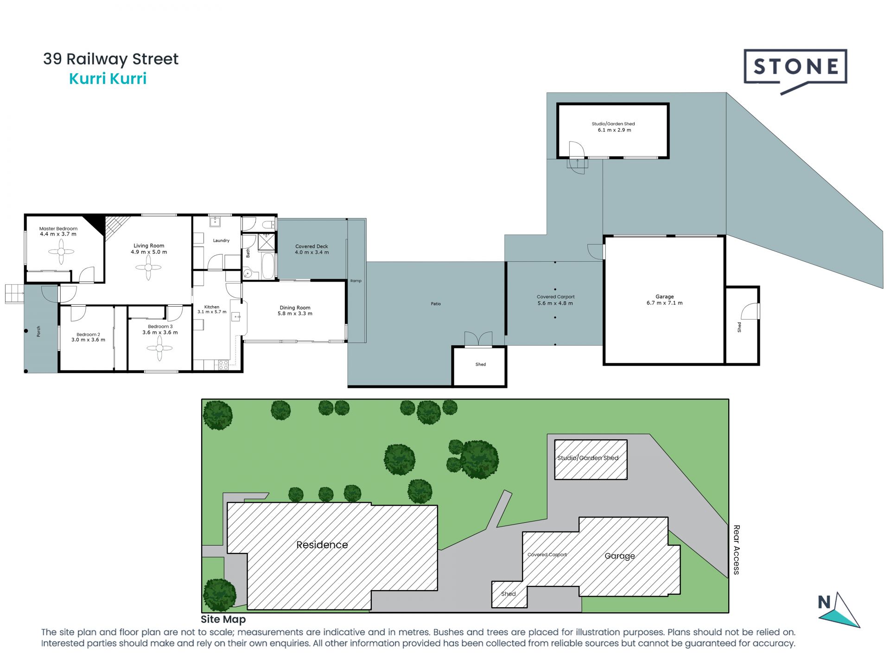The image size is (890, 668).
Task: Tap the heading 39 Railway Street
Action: (x=111, y=59)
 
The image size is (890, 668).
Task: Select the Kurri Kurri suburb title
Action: (x=108, y=79)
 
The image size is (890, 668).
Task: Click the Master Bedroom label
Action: (x=58, y=229)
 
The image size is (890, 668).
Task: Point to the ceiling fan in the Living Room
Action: (x=148, y=268)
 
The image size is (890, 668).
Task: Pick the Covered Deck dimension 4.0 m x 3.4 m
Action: (x=312, y=252)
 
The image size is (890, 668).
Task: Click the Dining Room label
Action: (x=295, y=308)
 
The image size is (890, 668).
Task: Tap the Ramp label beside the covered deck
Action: (x=356, y=281)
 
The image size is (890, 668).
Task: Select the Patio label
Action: (x=436, y=304)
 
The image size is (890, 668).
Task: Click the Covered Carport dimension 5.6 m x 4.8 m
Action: (x=555, y=303)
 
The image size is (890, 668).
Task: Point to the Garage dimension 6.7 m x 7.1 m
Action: (x=665, y=303)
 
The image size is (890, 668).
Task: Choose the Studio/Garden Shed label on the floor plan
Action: (x=613, y=124)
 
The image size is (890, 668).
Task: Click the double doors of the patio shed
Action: (x=478, y=339)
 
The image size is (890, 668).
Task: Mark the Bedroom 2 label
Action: (x=88, y=334)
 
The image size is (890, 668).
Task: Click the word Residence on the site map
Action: (x=322, y=545)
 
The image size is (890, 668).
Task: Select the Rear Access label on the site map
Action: (x=737, y=550)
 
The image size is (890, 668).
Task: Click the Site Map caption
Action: (x=223, y=619)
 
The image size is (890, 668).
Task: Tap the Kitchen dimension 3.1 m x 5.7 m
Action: (x=212, y=312)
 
